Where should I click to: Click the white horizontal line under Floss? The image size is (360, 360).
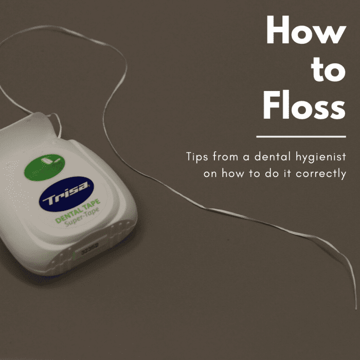300,137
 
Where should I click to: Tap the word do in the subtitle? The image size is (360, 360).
274,173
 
